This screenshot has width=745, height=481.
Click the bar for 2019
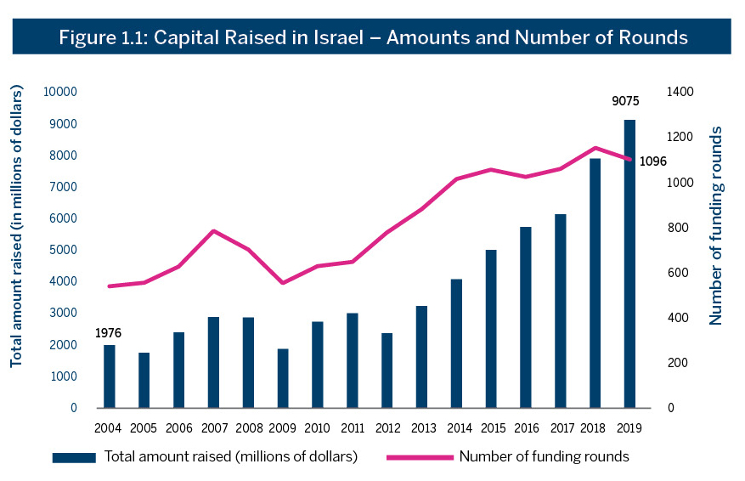tap(629, 263)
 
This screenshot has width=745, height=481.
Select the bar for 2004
tap(110, 376)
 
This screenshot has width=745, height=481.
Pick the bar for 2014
tap(456, 343)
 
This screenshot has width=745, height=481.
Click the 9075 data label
tap(625, 101)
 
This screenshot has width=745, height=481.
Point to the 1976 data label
tap(110, 333)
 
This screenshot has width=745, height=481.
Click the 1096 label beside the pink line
tap(652, 161)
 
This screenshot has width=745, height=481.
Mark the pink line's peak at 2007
tap(213, 230)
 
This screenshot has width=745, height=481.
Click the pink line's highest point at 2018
tap(595, 148)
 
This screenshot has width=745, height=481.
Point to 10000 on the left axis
tap(61, 92)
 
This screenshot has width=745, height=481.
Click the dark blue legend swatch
tap(75, 457)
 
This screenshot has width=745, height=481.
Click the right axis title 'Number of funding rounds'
tap(716, 225)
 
